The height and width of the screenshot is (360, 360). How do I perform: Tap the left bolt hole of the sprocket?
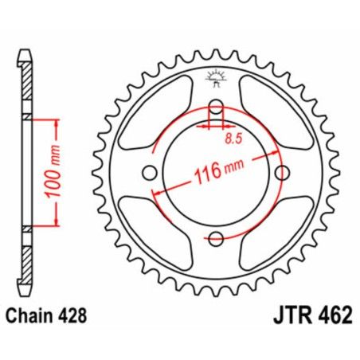(x=150, y=173)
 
